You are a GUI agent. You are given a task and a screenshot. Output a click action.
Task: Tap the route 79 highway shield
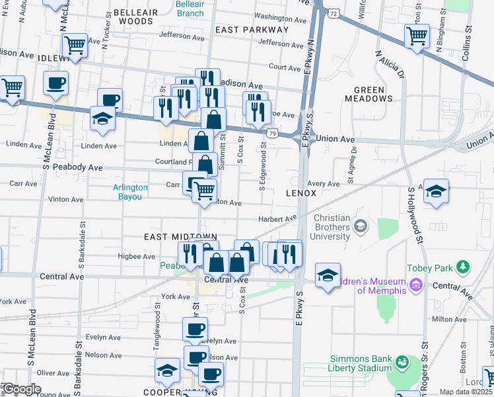click(273, 134)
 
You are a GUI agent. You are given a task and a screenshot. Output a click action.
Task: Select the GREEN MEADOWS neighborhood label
click(369, 94)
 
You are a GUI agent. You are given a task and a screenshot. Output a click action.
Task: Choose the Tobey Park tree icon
click(464, 267)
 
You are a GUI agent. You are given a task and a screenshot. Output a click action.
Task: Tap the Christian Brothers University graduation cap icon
click(360, 227)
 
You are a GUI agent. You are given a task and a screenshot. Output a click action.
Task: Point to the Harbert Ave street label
click(277, 219)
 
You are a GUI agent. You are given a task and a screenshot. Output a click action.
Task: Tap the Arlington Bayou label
click(130, 192)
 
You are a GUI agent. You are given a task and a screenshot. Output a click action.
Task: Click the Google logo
click(22, 389)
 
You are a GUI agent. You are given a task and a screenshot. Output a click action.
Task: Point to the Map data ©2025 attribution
click(466, 392)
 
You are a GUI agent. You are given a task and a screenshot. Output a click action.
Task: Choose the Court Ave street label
click(285, 67)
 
